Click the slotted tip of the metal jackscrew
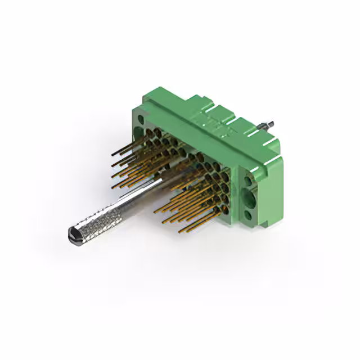pos(73,235)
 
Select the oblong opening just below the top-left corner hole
pos(139,133)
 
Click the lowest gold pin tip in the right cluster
pos(181,231)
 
